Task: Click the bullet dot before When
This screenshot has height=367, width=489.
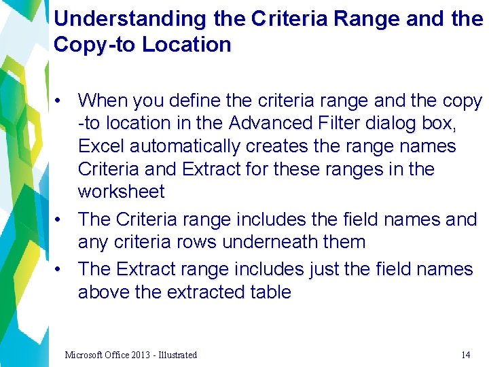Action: [x=60, y=101]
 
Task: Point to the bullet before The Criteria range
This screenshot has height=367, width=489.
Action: [x=60, y=220]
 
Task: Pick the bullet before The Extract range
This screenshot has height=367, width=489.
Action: [x=60, y=270]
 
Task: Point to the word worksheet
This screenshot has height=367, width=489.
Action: [x=121, y=192]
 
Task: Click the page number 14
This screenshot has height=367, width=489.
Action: [x=465, y=355]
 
